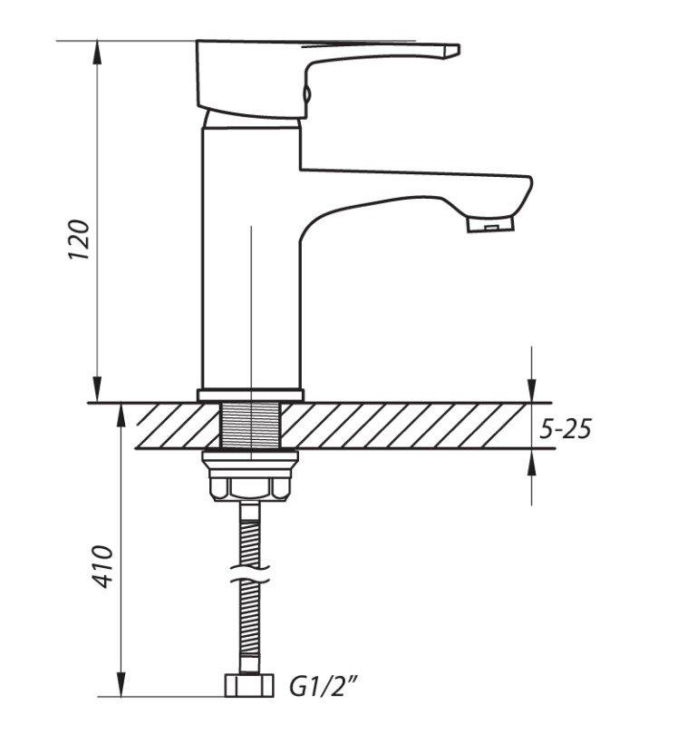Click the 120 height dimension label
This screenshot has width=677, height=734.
point(79,240)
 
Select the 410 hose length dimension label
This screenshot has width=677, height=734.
point(102,566)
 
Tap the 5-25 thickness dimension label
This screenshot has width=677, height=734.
point(566,428)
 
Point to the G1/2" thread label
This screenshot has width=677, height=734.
point(323,687)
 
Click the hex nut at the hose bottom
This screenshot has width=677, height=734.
point(249,686)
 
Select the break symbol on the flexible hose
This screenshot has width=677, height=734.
point(251,574)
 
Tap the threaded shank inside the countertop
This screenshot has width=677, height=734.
point(251,425)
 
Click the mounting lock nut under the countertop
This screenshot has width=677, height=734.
point(250,475)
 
